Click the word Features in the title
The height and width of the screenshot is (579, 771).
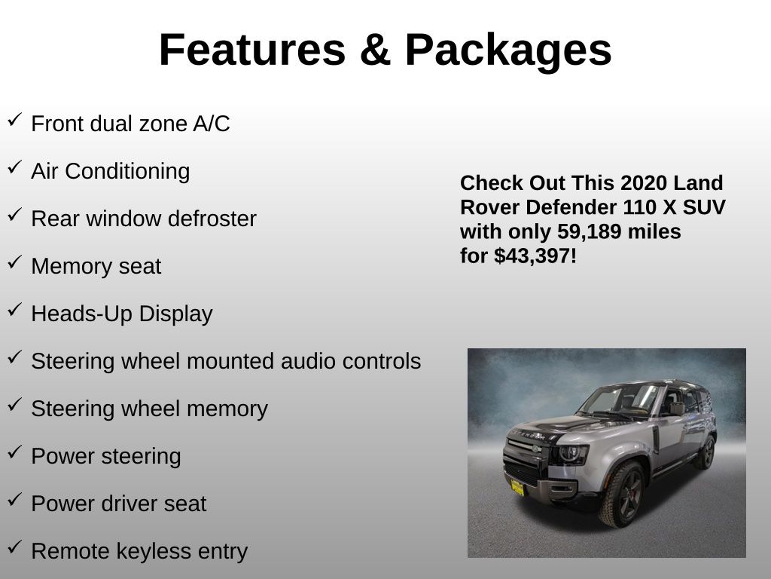(x=253, y=50)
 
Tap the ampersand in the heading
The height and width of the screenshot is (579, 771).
(x=375, y=50)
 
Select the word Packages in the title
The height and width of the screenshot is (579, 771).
(x=508, y=52)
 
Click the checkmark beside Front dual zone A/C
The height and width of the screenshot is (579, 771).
(x=15, y=120)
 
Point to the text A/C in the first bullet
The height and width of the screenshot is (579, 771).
(x=212, y=124)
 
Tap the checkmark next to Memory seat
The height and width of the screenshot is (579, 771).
(x=15, y=262)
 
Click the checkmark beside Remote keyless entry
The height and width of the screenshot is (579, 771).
(x=15, y=547)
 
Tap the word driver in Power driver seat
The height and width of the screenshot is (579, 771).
(x=121, y=504)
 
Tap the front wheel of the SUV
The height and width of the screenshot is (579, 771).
(x=621, y=495)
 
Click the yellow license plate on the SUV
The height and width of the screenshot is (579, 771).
(x=517, y=488)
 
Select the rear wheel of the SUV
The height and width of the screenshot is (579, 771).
(x=706, y=452)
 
